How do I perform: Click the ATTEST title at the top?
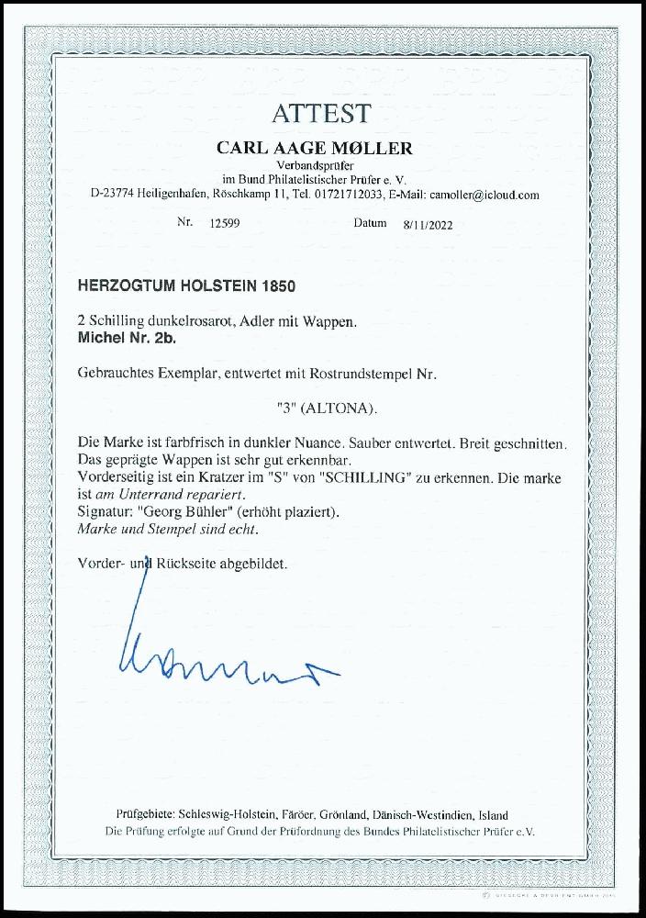point(320,114)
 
